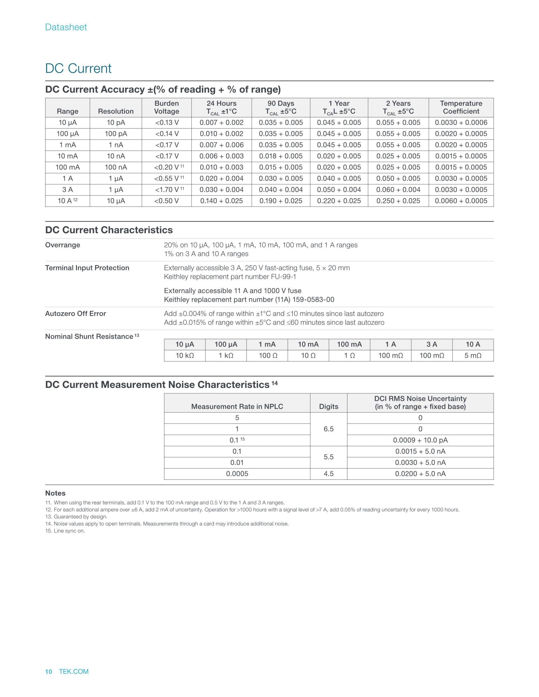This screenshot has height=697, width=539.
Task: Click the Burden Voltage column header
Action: pos(166,107)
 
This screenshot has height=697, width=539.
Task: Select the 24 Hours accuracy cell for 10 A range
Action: pos(221,201)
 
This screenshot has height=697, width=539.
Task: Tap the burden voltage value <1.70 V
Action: pos(167,190)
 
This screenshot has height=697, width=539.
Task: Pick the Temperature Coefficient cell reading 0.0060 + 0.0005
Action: pos(461,201)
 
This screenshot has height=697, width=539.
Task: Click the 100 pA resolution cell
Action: pos(116,134)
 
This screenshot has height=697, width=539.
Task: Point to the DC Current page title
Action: pos(78,68)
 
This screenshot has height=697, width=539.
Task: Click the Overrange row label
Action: pos(63,245)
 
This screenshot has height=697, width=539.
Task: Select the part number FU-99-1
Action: pos(283,277)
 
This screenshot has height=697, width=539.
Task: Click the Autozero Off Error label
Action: pos(75,313)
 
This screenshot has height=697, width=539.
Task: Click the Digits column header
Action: pos(328,406)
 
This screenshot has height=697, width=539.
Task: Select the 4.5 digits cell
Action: pos(328,474)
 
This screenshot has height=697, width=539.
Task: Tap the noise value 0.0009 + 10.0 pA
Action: pos(420,440)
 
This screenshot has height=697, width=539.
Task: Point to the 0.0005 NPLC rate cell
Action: pos(237,474)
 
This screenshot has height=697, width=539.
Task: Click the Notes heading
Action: pos(55,493)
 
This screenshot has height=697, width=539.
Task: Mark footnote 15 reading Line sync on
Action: pos(65,531)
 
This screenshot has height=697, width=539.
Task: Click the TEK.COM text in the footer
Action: pos(74,671)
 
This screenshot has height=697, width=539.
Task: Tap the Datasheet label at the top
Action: pos(66,27)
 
